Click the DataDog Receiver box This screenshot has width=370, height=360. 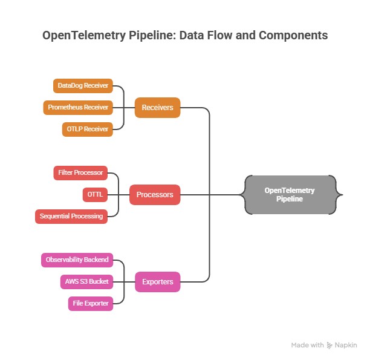[x=83, y=86]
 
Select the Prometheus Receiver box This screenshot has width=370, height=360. [x=78, y=108]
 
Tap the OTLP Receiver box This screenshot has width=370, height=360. [x=87, y=129]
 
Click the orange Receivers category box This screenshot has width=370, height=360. [x=157, y=108]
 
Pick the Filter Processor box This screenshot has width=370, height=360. [x=80, y=173]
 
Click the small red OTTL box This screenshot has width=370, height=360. [x=95, y=195]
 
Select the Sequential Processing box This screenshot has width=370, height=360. [x=71, y=216]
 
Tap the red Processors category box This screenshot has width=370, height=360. [x=155, y=195]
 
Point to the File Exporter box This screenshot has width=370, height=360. [x=90, y=303]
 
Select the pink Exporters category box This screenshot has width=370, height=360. [x=157, y=281]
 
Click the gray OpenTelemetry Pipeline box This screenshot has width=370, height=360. [x=290, y=194]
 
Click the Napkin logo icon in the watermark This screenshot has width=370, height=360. [x=329, y=345]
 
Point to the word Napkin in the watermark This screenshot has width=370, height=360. [x=346, y=345]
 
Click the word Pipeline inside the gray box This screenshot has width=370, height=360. [x=290, y=199]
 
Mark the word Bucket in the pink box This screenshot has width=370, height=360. [x=99, y=281]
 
